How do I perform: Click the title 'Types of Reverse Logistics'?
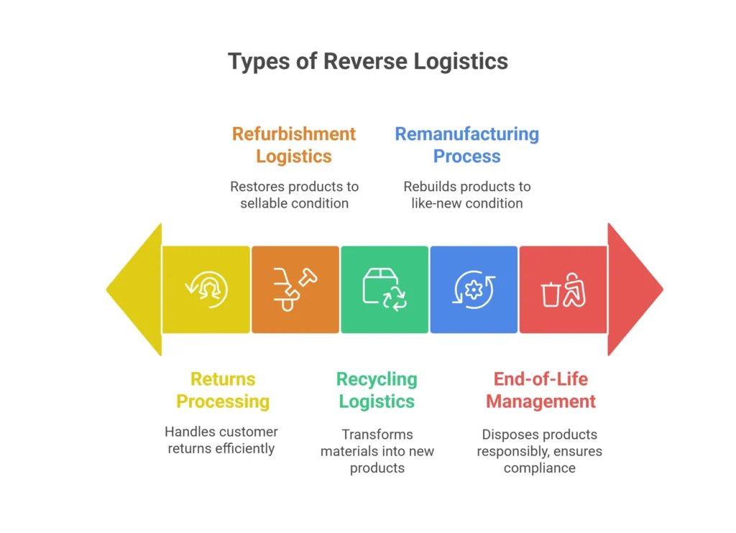click(368, 61)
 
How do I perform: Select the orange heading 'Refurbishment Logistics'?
click(294, 145)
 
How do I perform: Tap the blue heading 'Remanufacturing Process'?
click(466, 145)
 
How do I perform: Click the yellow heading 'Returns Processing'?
click(223, 390)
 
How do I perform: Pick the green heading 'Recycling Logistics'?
click(377, 390)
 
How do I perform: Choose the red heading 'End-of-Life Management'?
click(540, 390)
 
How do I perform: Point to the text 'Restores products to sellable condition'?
click(294, 195)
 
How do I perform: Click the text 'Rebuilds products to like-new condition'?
click(466, 195)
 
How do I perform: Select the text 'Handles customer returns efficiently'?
click(221, 440)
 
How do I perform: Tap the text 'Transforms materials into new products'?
click(377, 451)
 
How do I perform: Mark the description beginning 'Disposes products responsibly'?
click(539, 451)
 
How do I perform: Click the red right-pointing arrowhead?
click(632, 289)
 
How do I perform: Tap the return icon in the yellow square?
click(206, 289)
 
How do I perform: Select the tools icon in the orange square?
click(295, 289)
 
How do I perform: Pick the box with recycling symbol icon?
click(385, 289)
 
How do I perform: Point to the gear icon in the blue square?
click(473, 289)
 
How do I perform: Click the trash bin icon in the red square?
click(551, 293)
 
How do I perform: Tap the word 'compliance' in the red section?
click(539, 468)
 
